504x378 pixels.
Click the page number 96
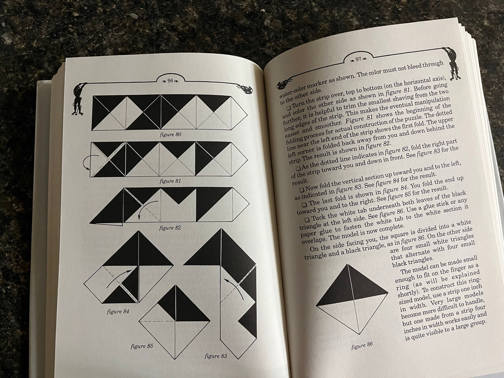(x=170, y=81)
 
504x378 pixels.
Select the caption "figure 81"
(x=170, y=181)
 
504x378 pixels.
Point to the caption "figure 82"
(x=170, y=228)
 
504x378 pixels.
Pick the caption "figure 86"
(x=362, y=346)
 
